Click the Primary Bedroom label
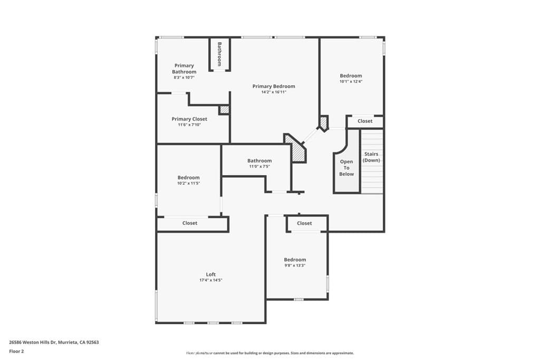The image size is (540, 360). tap(274, 86)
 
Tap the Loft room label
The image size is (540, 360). tap(210, 274)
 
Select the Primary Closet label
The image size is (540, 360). tap(189, 119)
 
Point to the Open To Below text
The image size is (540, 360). tap(346, 168)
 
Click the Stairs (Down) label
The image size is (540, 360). tap(371, 157)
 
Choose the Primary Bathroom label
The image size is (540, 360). tap(184, 69)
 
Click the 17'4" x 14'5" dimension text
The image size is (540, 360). tap(210, 280)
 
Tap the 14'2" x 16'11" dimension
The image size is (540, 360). tap(274, 92)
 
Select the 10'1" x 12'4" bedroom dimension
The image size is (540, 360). tap(351, 82)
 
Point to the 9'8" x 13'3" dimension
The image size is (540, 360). tap(295, 266)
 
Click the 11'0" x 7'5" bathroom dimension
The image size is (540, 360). tap(259, 167)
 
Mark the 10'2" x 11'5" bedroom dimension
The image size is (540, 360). tap(188, 183)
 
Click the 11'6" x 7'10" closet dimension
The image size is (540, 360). tap(189, 125)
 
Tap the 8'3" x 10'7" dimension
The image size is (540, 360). tap(184, 77)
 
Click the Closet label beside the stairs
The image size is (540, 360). tap(365, 121)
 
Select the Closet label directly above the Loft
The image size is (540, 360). tap(190, 223)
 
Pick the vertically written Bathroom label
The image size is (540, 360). tap(219, 54)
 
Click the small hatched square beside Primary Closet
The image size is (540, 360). tap(224, 110)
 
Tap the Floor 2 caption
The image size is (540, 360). tap(16, 351)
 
